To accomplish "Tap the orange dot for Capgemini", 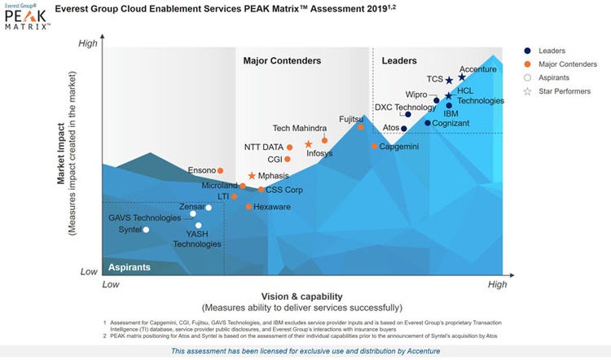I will pyautogui.click(x=374, y=147).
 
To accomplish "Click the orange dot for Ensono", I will pyautogui.click(x=221, y=170).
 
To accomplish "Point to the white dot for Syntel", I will pyautogui.click(x=147, y=230).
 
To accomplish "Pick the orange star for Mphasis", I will pyautogui.click(x=251, y=176).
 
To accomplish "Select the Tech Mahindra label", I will pyautogui.click(x=300, y=128).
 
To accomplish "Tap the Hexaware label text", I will pyautogui.click(x=272, y=207).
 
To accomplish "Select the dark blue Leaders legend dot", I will pyautogui.click(x=529, y=50).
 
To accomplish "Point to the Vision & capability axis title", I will pyautogui.click(x=301, y=296).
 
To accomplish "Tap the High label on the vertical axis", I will pyautogui.click(x=87, y=43).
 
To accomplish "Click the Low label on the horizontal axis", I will pyautogui.click(x=110, y=285).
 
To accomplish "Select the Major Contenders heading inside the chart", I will pyautogui.click(x=282, y=61).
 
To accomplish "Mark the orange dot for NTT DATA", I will pyautogui.click(x=289, y=147).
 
